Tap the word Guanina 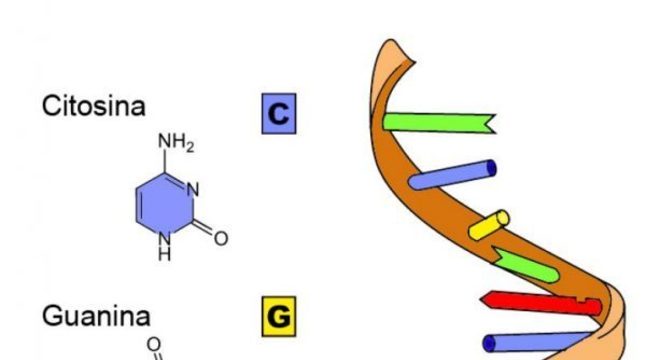96,317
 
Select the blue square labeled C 279,114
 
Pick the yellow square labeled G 279,318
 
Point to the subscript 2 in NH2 190,149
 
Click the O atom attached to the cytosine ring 220,238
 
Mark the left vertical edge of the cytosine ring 136,205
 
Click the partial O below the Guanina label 153,345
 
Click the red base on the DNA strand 540,301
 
